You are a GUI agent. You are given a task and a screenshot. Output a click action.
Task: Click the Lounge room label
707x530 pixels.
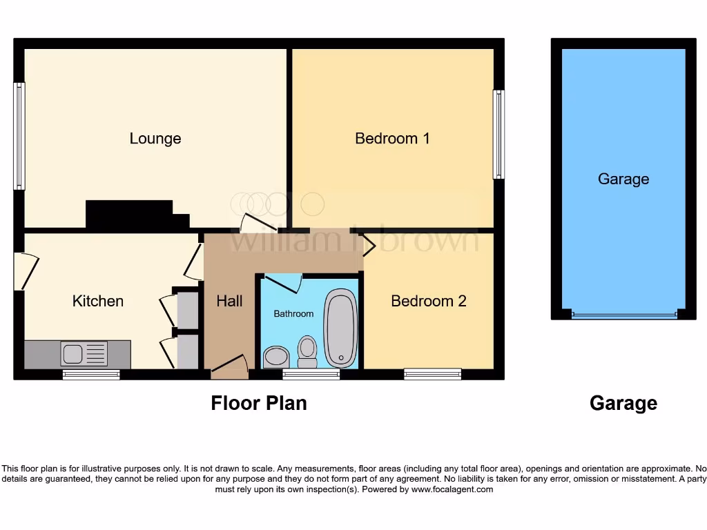click(155, 138)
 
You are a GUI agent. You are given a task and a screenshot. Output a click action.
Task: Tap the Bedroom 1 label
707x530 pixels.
click(392, 138)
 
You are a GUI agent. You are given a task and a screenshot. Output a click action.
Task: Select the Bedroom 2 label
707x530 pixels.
click(428, 301)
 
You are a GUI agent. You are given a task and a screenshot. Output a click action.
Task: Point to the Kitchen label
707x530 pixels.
click(98, 301)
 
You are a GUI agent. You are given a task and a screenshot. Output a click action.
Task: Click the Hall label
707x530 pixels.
click(229, 301)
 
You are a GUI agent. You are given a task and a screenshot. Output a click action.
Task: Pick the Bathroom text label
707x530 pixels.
click(293, 314)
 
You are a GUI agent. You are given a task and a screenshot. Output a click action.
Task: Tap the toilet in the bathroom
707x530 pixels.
click(307, 351)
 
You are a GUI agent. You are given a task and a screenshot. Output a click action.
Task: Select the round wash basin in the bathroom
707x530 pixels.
click(276, 356)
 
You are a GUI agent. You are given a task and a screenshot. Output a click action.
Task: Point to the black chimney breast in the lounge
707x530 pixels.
click(135, 215)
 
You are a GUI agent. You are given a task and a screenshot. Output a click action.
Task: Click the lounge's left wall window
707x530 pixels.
click(19, 136)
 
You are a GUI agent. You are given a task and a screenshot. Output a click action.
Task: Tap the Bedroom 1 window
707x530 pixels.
click(498, 135)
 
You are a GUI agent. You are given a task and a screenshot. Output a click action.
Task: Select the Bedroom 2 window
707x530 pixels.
click(433, 374)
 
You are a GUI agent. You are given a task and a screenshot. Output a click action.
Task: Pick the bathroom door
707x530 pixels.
click(284, 282)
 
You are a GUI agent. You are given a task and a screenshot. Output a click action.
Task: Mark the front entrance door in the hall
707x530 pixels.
click(230, 366)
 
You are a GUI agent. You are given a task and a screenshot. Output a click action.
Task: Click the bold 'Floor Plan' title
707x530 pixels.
click(259, 403)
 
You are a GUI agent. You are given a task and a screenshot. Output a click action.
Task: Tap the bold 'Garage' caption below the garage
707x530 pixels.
click(623, 403)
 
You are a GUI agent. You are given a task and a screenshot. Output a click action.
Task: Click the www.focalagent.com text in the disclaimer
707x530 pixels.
click(452, 489)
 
